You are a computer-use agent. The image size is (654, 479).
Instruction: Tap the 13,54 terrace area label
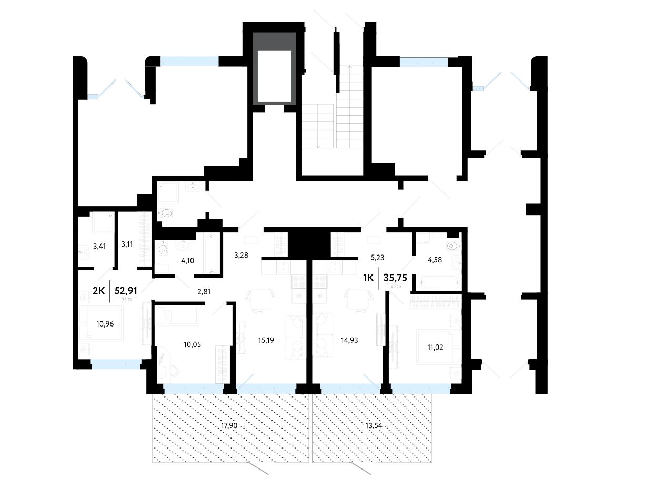pyautogui.click(x=371, y=426)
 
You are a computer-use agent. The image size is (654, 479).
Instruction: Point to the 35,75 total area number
pyautogui.click(x=399, y=278)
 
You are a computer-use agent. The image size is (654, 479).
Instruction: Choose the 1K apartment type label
pyautogui.click(x=368, y=278)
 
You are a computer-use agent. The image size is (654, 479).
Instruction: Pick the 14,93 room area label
pyautogui.click(x=349, y=340)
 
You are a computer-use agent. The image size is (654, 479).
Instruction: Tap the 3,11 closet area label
pyautogui.click(x=127, y=244)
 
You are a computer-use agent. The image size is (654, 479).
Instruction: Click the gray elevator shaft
pyautogui.click(x=274, y=68)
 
